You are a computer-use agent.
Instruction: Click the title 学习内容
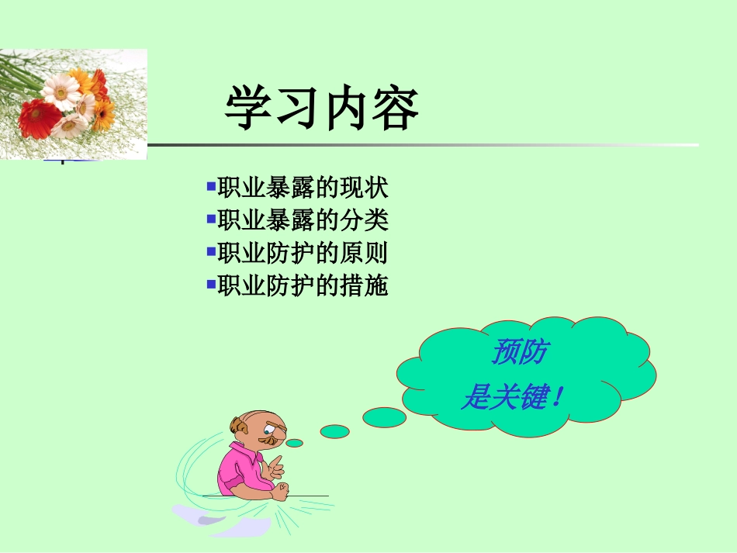click(x=321, y=109)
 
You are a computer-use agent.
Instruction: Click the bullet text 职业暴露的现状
click(x=303, y=188)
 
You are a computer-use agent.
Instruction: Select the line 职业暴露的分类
click(x=303, y=221)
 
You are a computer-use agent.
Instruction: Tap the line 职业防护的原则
click(x=303, y=254)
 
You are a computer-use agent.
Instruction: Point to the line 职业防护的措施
click(x=303, y=286)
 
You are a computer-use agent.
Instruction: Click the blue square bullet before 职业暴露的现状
click(x=211, y=187)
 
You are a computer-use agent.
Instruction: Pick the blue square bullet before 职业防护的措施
click(x=211, y=285)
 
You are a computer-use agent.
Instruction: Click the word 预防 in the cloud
click(x=519, y=353)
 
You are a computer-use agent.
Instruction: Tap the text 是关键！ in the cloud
click(x=511, y=399)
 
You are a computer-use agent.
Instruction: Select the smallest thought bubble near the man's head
click(x=294, y=443)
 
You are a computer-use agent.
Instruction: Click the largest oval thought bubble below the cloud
click(x=384, y=417)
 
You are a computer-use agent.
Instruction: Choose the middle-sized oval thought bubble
click(x=334, y=431)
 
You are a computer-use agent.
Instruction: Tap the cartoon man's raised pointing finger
click(x=275, y=463)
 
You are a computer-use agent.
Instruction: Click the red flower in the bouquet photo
click(x=39, y=118)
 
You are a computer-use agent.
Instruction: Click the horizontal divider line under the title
click(x=423, y=145)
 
